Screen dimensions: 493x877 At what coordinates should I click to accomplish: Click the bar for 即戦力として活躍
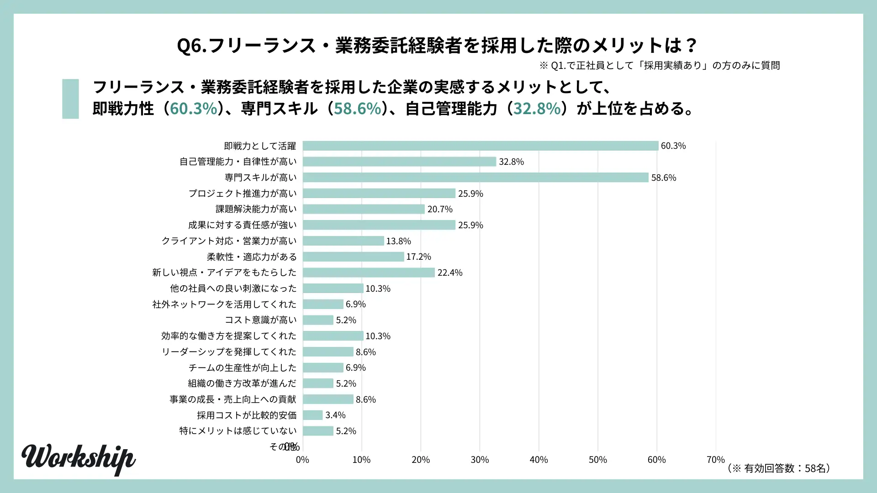(480, 146)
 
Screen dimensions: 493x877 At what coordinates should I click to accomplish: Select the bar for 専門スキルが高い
(475, 178)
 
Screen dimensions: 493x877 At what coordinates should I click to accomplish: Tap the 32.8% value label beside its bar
(511, 162)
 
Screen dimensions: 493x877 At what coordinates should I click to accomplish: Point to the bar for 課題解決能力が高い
(364, 209)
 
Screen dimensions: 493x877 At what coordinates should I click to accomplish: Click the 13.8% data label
(398, 241)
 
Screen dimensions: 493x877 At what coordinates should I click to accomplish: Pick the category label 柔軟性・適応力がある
(251, 257)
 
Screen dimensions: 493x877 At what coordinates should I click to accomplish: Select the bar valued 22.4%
(369, 273)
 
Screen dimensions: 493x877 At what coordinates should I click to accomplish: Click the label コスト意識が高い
(260, 320)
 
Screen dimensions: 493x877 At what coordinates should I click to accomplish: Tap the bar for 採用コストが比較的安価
(313, 415)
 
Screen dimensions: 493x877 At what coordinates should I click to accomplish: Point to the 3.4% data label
(335, 415)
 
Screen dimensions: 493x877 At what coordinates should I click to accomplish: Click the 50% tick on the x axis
(597, 460)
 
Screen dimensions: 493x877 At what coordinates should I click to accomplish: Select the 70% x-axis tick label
(715, 460)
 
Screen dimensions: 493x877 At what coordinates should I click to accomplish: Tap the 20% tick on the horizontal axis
(420, 460)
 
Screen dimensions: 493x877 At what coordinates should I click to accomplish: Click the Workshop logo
(78, 459)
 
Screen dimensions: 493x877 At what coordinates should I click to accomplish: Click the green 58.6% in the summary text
(357, 109)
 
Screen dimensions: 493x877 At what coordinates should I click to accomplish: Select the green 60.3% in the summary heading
(193, 109)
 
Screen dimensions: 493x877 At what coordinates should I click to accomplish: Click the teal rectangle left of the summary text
(70, 99)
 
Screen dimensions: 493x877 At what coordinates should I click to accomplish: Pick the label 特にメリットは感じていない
(238, 431)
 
